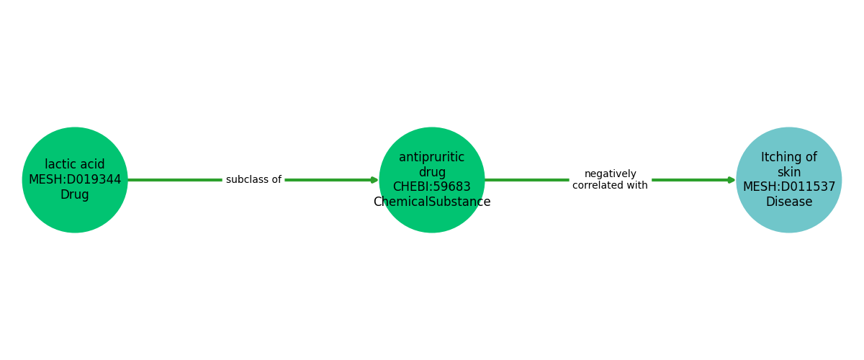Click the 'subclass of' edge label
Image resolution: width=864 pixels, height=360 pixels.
[x=253, y=180]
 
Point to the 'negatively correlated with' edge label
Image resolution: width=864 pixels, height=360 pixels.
[x=610, y=180]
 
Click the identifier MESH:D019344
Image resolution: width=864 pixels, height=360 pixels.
[x=75, y=180]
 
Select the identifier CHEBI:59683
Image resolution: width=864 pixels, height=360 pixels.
[x=432, y=187]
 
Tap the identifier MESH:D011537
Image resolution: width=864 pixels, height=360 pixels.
[x=789, y=187]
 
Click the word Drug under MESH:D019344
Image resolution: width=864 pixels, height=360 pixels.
[x=75, y=195]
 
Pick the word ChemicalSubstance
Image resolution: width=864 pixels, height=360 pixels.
[x=432, y=202]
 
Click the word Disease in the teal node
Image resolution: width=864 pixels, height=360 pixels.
[x=789, y=202]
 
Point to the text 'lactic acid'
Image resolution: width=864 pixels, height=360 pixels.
[x=75, y=165]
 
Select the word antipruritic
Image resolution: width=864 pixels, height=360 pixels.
[x=432, y=157]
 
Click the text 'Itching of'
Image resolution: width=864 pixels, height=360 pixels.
[x=789, y=157]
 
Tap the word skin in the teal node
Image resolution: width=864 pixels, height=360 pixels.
[x=789, y=172]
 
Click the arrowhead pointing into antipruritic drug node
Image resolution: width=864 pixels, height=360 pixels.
[x=374, y=180]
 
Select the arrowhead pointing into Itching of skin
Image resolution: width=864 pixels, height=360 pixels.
[x=732, y=180]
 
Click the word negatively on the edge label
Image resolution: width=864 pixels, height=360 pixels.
[x=610, y=174]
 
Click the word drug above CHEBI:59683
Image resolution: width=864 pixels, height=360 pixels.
[x=432, y=172]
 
